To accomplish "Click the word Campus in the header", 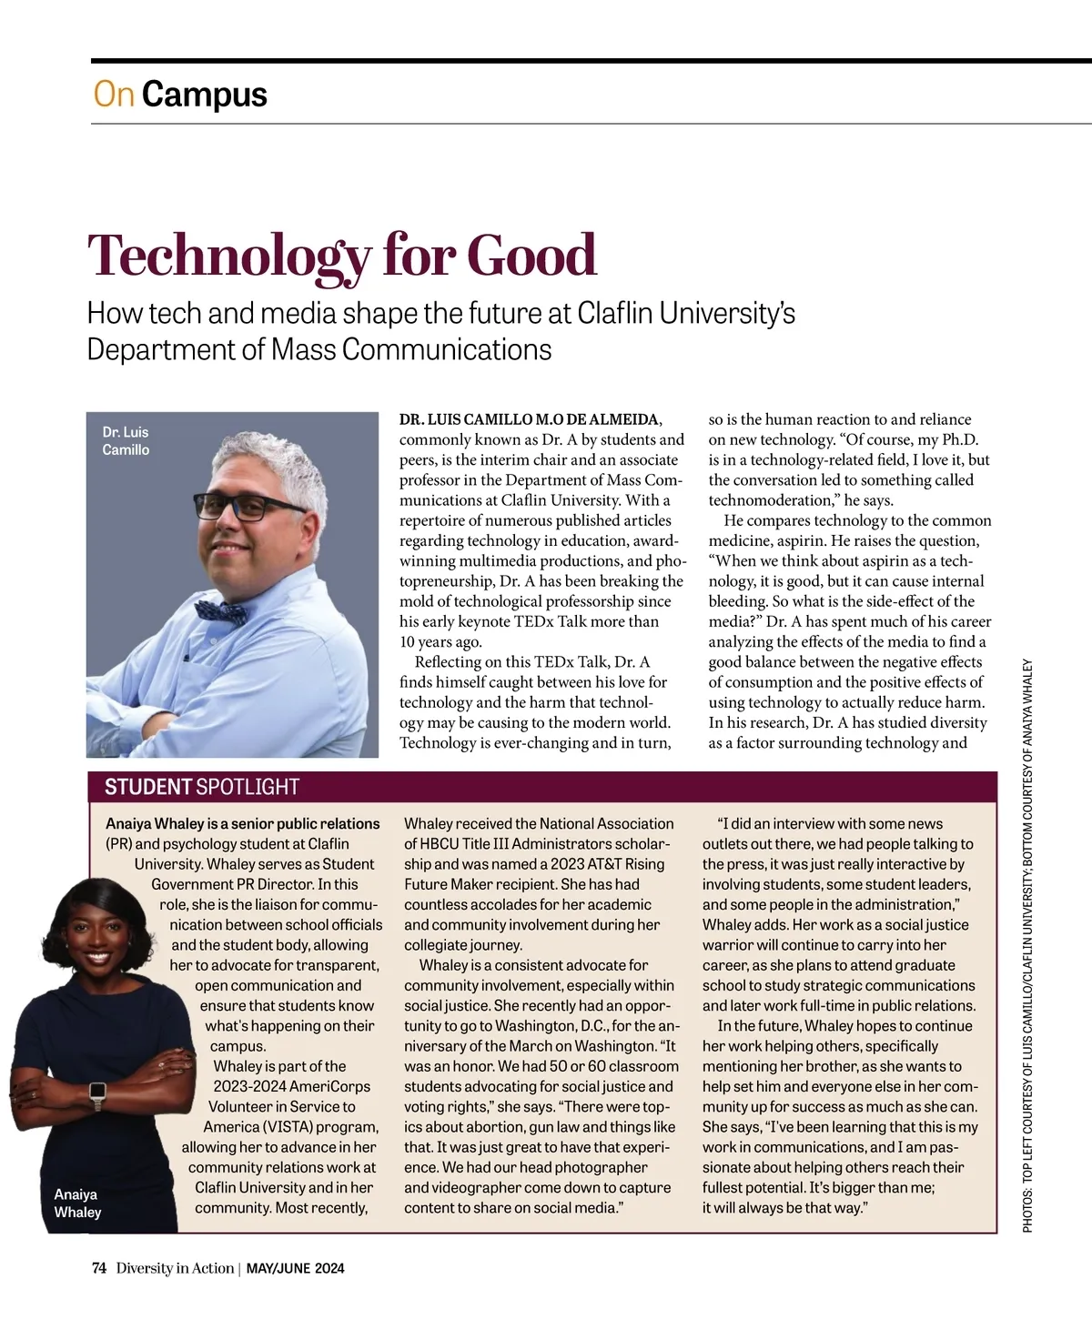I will [204, 95].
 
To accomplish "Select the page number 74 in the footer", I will [99, 1268].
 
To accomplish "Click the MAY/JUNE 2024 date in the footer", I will [296, 1268].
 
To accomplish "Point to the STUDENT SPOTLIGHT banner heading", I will [202, 787].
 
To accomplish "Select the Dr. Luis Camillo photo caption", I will [126, 441].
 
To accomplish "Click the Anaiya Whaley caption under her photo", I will [77, 1203].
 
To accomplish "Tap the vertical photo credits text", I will [1028, 946].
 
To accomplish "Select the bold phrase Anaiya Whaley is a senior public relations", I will [243, 823].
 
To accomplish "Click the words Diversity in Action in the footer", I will [175, 1268].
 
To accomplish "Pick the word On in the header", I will [114, 95].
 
